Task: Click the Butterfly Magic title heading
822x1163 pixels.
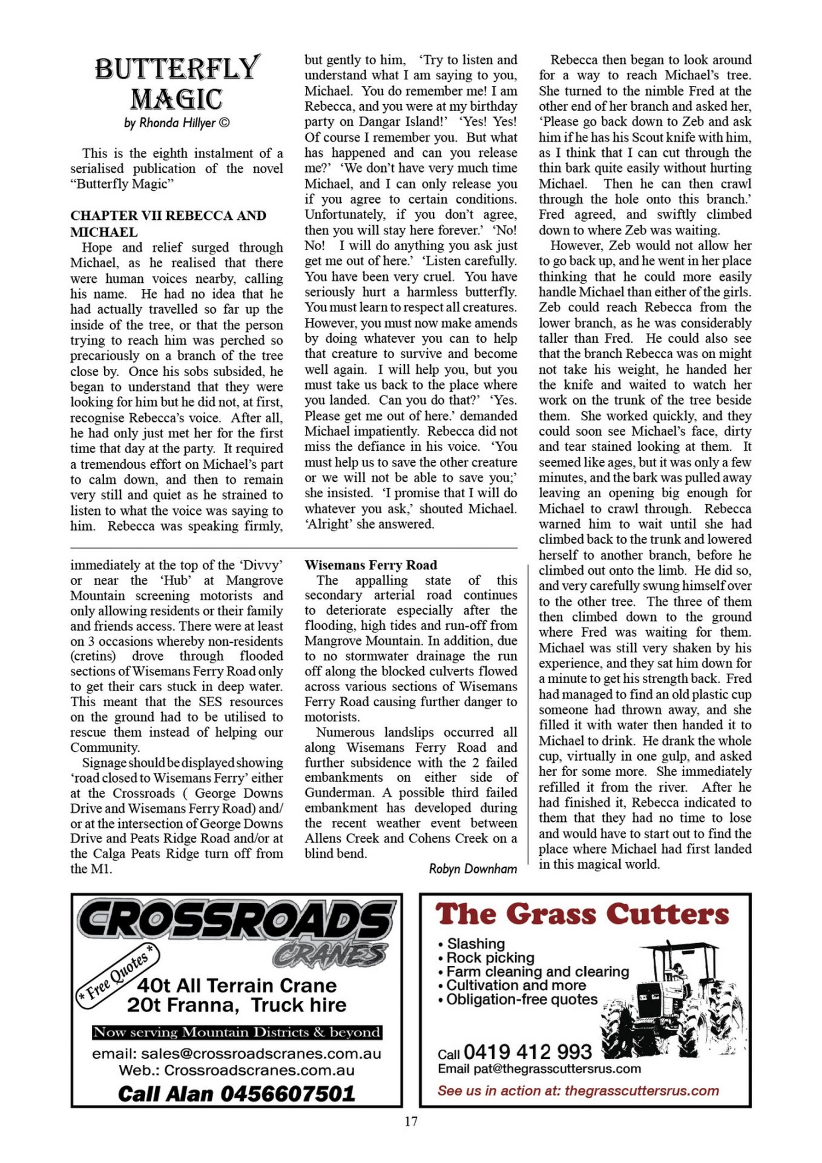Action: (177, 84)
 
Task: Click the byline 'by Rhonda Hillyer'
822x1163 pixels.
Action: (177, 123)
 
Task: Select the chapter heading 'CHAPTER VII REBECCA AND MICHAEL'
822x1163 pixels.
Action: (168, 224)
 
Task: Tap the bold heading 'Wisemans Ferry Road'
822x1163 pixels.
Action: (370, 565)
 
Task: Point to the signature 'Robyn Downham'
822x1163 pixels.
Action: (473, 869)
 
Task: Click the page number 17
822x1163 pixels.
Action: (411, 1121)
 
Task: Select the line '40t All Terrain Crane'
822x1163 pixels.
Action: (237, 986)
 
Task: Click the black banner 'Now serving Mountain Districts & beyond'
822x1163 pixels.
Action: (237, 1032)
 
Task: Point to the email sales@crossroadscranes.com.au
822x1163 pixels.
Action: (237, 1054)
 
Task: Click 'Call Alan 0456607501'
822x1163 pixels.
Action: (237, 1093)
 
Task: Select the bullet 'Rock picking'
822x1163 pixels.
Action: (490, 958)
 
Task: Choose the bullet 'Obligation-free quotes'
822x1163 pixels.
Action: (521, 999)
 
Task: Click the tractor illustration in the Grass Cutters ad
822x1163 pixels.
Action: (672, 993)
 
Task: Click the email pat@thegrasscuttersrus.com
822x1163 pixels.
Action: (539, 1069)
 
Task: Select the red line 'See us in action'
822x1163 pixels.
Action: (578, 1091)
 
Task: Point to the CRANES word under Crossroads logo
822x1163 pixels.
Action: (330, 955)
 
